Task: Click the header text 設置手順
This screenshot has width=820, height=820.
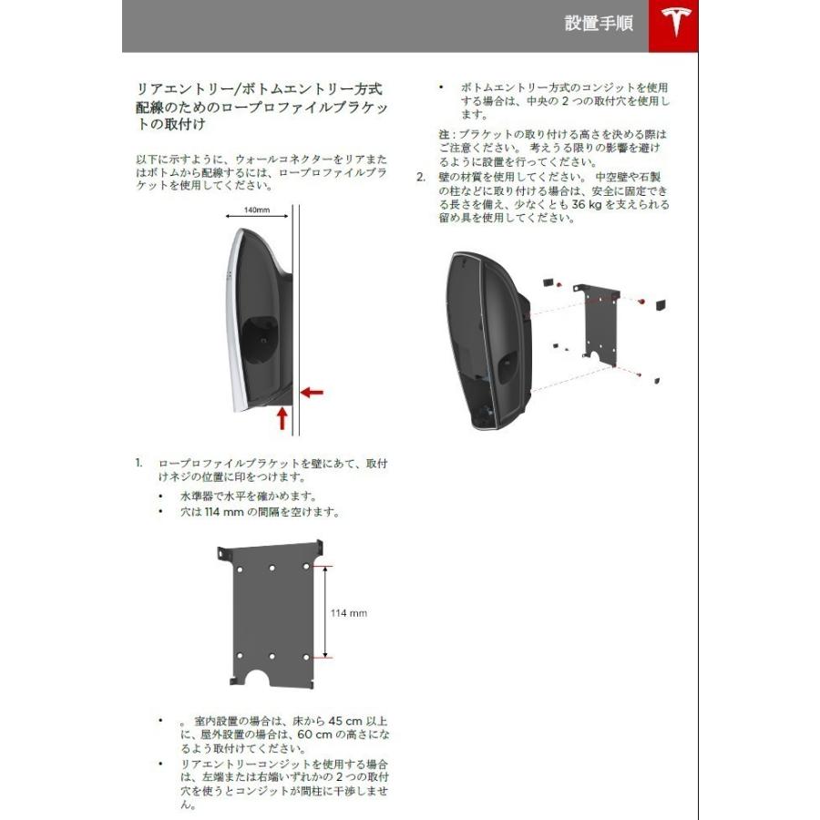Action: pos(599,25)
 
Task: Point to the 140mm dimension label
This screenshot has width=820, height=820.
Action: pos(258,210)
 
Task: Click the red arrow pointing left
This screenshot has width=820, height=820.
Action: pos(313,392)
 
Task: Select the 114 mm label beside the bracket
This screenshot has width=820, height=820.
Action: pos(348,613)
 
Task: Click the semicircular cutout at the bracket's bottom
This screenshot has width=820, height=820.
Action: pos(272,680)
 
